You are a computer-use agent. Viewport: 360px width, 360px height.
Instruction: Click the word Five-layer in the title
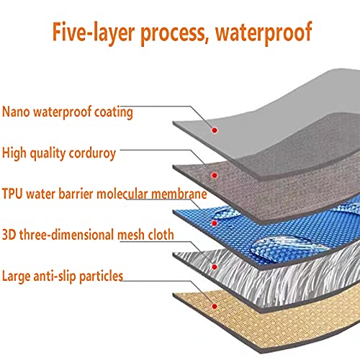click(94, 32)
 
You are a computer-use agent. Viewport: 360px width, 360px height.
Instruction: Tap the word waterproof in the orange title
click(264, 33)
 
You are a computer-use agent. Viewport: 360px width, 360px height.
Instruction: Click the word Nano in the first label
click(16, 112)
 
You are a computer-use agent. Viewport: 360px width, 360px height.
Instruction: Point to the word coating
click(113, 113)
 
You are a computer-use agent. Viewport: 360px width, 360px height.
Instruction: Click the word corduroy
click(92, 153)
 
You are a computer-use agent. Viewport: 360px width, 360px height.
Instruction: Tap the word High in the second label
click(14, 153)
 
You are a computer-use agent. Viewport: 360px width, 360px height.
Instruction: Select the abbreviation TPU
click(12, 194)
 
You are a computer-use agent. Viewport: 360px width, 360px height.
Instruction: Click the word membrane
click(179, 194)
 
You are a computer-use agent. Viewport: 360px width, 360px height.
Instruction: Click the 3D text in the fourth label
click(9, 235)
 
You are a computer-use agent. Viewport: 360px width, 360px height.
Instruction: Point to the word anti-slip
click(55, 276)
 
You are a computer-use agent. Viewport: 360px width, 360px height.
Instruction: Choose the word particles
click(101, 276)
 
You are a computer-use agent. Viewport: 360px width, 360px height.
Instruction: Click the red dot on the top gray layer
click(215, 130)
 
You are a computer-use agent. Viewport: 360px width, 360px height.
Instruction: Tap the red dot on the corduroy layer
click(215, 175)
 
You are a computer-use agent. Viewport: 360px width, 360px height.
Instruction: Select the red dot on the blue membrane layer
click(215, 223)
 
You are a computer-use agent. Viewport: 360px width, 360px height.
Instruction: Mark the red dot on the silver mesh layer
click(215, 266)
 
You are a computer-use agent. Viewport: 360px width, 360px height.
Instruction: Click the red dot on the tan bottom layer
click(215, 306)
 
